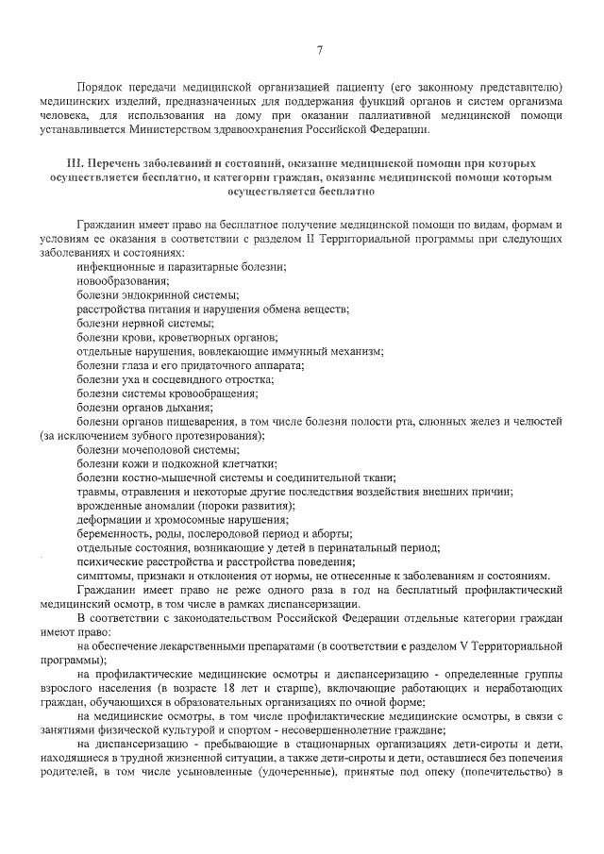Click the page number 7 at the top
(319, 50)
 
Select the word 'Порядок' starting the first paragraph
(101, 85)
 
